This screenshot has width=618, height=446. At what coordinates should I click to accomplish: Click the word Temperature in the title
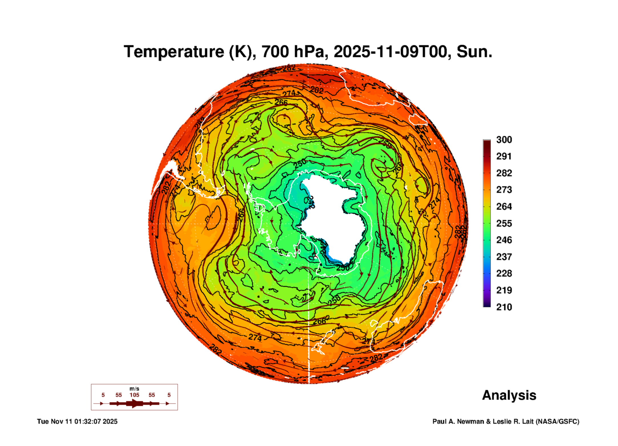point(174,52)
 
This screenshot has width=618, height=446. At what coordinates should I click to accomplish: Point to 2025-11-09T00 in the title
point(390,52)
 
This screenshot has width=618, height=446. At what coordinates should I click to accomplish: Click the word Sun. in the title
point(474,52)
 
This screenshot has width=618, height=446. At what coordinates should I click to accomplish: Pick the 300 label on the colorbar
point(504,140)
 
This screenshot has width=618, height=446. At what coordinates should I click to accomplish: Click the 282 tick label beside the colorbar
point(504,173)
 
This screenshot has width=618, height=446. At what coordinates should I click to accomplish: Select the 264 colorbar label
point(504,207)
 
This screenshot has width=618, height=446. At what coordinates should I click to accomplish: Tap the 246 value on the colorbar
point(504,240)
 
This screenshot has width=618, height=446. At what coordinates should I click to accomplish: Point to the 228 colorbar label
point(504,273)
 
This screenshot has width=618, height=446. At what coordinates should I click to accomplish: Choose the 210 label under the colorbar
point(504,307)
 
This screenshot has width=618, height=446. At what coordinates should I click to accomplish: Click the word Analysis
point(509,395)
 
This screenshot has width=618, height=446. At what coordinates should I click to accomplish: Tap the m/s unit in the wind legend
point(134,389)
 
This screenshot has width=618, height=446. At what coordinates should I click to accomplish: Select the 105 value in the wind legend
point(134,395)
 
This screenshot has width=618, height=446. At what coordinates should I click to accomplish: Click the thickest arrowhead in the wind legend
point(134,403)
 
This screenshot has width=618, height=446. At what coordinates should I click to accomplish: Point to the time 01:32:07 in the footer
point(88,421)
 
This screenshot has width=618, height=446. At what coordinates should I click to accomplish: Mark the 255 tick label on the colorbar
point(504,223)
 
